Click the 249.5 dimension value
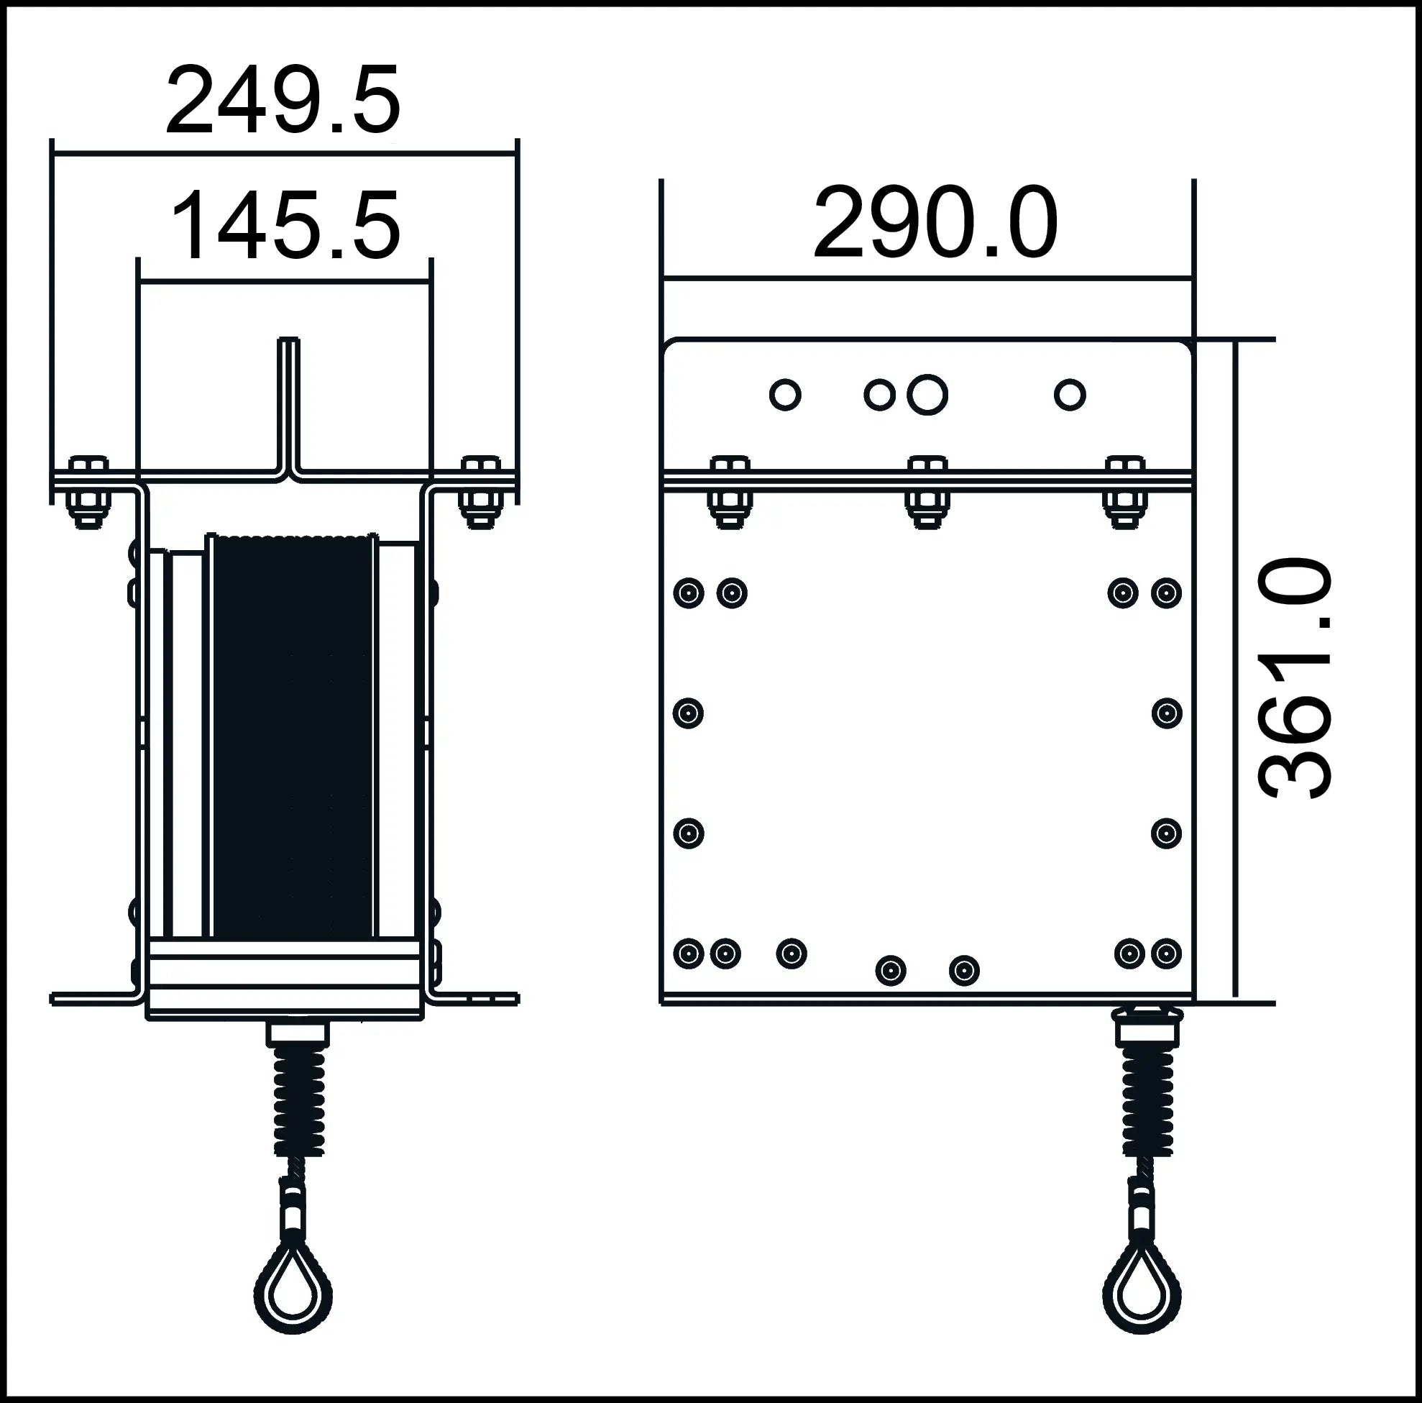coord(283,101)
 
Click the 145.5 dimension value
coord(285,226)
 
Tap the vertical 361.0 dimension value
coord(1296,677)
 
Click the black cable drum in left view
coord(292,736)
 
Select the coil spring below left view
coord(299,1104)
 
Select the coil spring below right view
coord(1147,1104)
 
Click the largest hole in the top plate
coord(927,395)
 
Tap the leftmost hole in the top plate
coord(784,395)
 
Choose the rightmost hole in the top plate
coord(1070,395)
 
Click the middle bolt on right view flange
coord(927,492)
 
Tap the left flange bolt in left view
coord(88,492)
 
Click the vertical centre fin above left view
coord(288,405)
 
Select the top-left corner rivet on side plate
coord(688,593)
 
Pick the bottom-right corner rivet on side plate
coord(1166,954)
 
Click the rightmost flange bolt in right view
coord(1124,492)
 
